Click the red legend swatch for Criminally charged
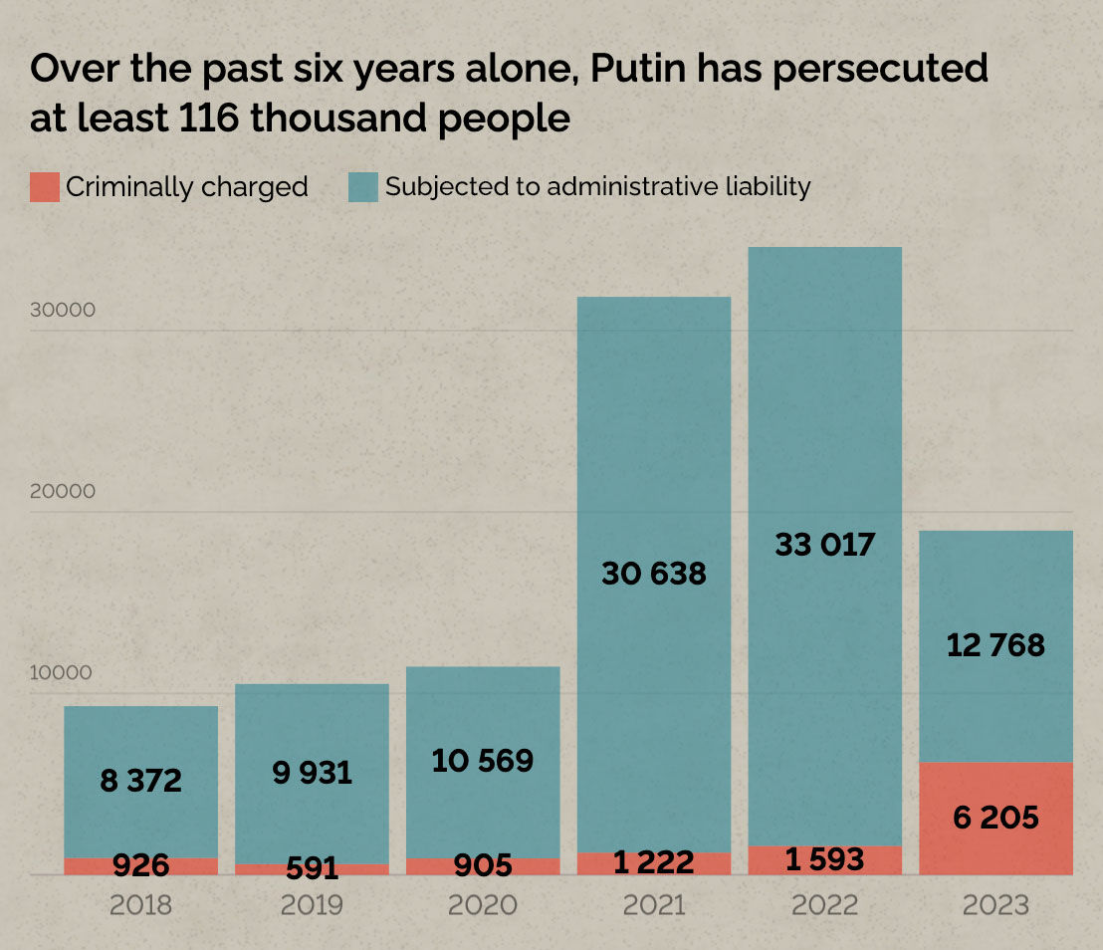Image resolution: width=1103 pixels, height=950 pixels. pos(45,187)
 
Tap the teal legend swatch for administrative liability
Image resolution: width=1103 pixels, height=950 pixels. pos(363,187)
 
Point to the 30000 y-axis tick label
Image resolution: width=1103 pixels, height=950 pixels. pos(63,310)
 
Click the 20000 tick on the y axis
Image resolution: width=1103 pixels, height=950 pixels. pos(63,491)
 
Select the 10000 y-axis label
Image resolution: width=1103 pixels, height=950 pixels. pos(63,672)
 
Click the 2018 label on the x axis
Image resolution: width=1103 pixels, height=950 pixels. pos(141,905)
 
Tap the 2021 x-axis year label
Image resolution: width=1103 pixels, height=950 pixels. pos(654,905)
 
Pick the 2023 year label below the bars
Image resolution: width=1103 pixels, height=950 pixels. pos(995,905)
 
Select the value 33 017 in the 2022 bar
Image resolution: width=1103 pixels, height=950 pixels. pos(824,545)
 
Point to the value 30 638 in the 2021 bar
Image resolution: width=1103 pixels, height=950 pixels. pos(654,574)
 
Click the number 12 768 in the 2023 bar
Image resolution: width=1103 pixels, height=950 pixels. pos(995,645)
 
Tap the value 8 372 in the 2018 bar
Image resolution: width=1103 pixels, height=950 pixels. pos(141,781)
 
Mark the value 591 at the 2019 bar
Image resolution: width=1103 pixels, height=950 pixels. pos(312,868)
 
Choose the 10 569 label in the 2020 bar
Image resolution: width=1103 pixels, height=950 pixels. pos(483,762)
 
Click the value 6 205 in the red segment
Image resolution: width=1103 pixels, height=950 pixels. pos(995,819)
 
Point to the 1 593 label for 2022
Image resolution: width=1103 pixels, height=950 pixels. pos(824,859)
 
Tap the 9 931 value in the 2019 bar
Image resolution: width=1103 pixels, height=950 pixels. pos(312,773)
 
